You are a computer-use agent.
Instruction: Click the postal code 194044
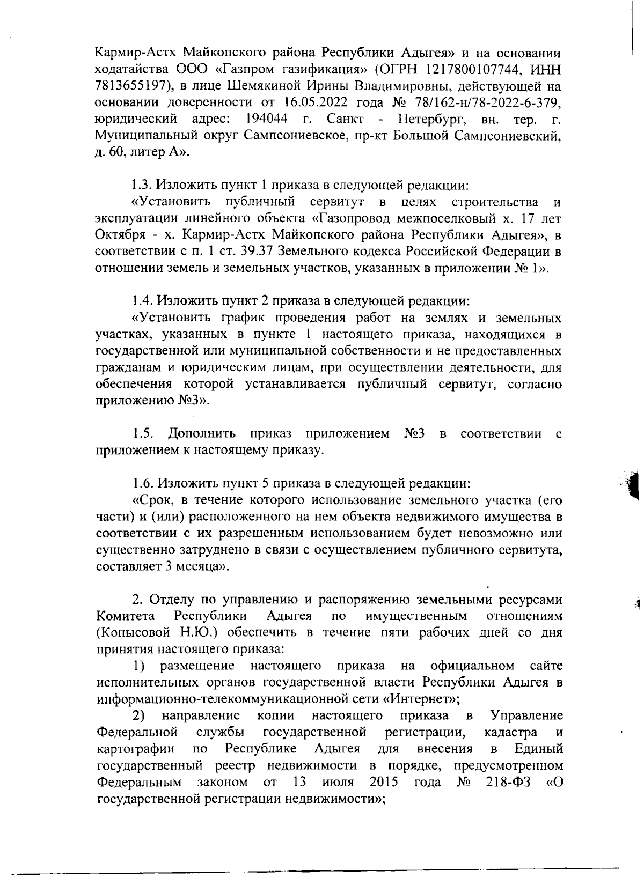[266, 119]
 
